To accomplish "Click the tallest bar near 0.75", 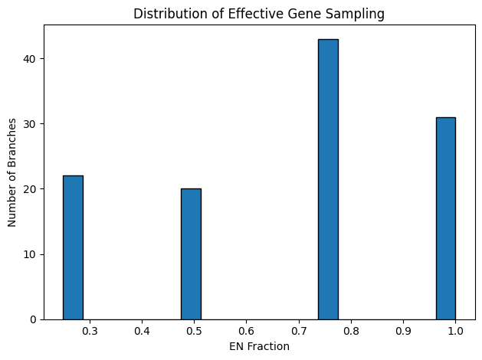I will click(328, 179).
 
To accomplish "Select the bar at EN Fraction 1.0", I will click(445, 218).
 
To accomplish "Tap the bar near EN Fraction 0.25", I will click(73, 247).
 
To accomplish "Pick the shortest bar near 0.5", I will click(191, 254).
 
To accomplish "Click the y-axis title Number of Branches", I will click(12, 172).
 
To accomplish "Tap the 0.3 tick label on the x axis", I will click(90, 332).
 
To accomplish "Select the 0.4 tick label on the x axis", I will click(142, 332).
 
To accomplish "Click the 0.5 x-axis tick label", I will click(194, 332).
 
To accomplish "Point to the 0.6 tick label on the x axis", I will click(246, 332).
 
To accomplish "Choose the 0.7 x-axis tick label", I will click(298, 332).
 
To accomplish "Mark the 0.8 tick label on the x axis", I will click(351, 332).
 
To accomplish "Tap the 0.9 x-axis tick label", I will click(403, 332).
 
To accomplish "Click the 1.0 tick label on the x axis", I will click(455, 332).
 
